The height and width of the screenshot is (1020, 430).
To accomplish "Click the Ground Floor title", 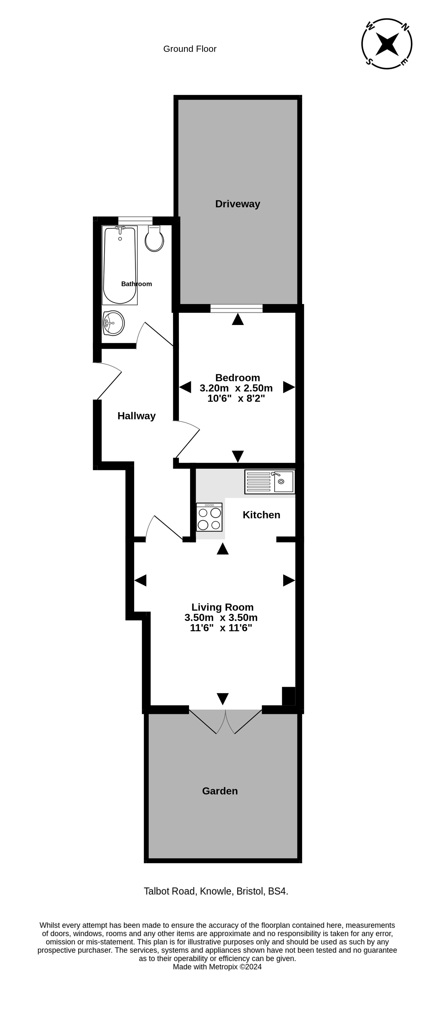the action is click(x=190, y=49).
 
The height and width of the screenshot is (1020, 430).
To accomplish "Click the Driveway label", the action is click(x=237, y=204).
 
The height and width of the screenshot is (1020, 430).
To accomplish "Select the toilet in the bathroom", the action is click(x=154, y=238).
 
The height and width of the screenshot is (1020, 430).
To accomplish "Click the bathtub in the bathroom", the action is click(x=120, y=265).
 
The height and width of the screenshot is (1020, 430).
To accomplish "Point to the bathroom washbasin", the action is click(x=114, y=323).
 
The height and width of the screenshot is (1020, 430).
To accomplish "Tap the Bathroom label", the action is click(x=136, y=284).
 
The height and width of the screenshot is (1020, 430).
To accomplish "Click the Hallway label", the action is click(x=136, y=416).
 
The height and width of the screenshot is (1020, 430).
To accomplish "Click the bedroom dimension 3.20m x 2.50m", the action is click(x=236, y=388).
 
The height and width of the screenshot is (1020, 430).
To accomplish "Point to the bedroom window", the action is click(x=237, y=308).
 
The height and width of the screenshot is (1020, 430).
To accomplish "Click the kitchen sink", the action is click(x=270, y=482).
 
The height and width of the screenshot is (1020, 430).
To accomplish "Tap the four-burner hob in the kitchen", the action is click(x=209, y=517).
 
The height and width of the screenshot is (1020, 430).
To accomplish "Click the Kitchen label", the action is click(x=261, y=515).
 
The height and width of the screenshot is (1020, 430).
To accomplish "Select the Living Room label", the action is click(x=222, y=607).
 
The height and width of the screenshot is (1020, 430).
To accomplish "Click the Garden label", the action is click(x=220, y=791).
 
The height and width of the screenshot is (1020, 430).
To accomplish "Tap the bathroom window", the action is click(x=135, y=221).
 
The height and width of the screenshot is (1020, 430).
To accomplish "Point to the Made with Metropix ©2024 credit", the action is click(x=217, y=967).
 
